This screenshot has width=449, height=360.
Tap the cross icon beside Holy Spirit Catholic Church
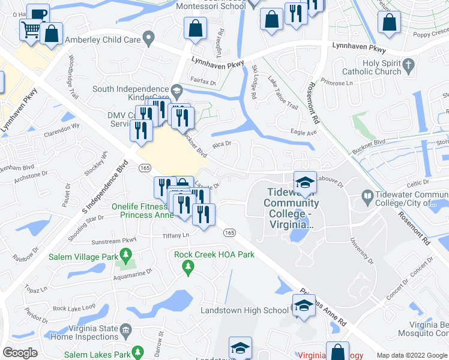coord(408,64)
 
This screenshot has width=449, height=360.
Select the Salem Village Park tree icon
coord(125,257)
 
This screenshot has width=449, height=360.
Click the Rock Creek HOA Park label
coord(214,254)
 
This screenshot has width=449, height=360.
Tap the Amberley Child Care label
coord(104,40)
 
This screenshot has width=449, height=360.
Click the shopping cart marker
coord(30,29)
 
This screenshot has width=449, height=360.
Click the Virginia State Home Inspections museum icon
coord(125,329)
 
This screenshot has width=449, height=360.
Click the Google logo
coord(20,352)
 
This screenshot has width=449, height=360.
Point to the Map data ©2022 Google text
coord(411,355)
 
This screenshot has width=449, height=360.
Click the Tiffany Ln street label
coord(175,235)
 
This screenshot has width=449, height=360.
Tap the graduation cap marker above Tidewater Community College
coord(305,183)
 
